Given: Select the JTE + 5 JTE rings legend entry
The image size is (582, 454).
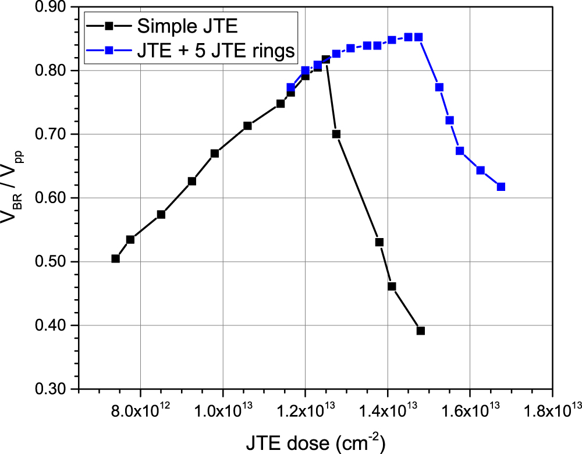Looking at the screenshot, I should point(216,51).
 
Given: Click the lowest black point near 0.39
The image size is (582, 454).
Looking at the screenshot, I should point(420,331).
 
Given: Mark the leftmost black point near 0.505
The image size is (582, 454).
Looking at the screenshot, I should point(115,258).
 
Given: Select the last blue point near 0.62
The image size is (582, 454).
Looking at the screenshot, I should point(501,187).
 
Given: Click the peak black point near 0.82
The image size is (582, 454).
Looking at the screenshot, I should point(325,59).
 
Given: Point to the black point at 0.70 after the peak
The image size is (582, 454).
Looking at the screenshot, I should point(336,134).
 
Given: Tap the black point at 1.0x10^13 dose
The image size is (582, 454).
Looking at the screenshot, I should point(215,153).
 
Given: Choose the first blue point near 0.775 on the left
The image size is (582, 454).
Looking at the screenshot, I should point(290,87).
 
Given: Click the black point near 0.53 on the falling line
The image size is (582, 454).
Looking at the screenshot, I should point(379,242).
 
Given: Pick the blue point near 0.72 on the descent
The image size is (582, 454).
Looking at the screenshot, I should point(449,120).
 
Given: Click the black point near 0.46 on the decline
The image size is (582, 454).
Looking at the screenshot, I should point(392,286).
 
